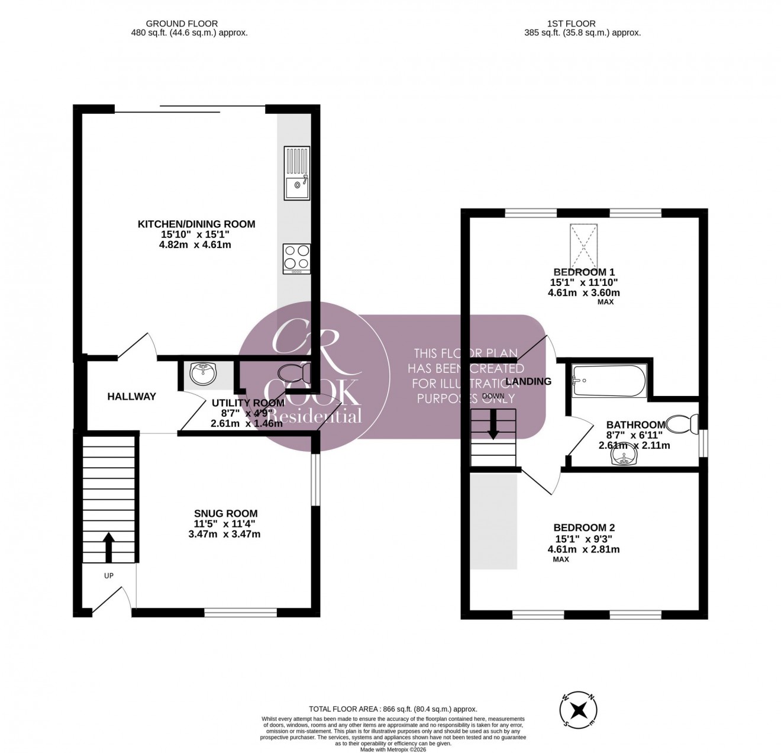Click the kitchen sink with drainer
click(x=297, y=173)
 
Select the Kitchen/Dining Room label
click(x=196, y=224)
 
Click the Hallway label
click(x=131, y=397)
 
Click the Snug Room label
click(x=226, y=514)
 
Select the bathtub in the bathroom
click(x=609, y=380)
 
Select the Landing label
click(x=528, y=382)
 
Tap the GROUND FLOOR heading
click(x=173, y=24)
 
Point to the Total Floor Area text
click(x=393, y=709)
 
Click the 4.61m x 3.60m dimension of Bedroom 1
click(x=584, y=292)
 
